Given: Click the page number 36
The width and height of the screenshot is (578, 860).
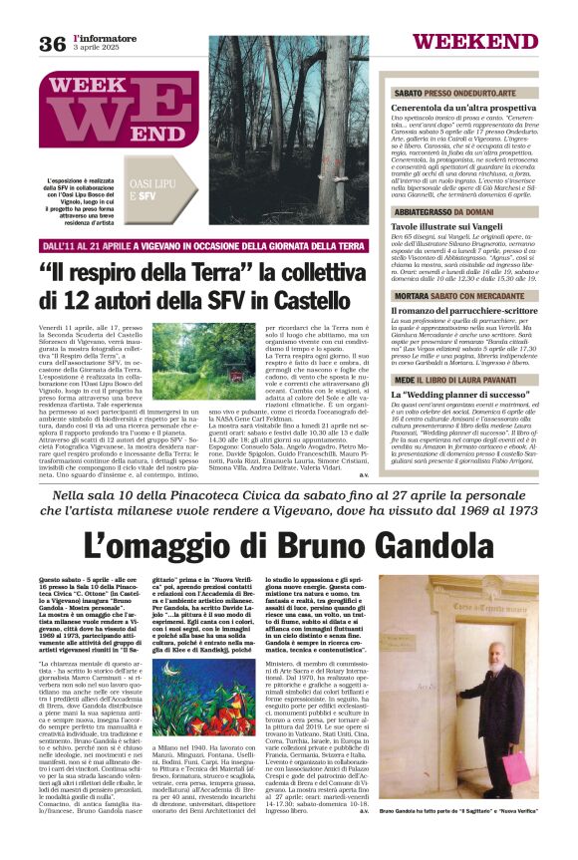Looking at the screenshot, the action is pos(52,43).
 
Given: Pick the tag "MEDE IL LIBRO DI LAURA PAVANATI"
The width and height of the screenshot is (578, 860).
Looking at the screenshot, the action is pos(458,381).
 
